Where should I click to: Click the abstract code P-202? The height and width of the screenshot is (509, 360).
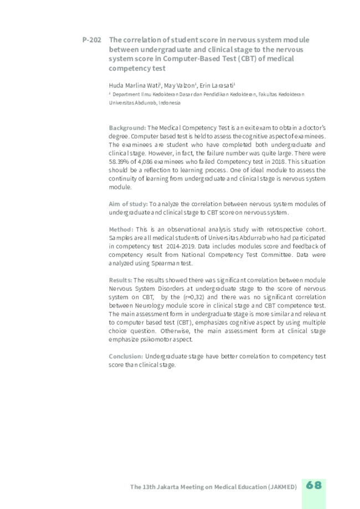click(x=91, y=40)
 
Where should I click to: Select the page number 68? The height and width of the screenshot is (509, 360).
click(x=313, y=485)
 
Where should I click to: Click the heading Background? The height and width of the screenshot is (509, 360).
click(x=127, y=127)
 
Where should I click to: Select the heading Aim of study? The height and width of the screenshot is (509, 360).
click(x=128, y=204)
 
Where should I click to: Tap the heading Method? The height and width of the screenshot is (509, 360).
click(x=121, y=229)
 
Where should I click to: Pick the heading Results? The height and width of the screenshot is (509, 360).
click(x=120, y=280)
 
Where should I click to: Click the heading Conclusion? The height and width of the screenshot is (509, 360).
click(x=126, y=356)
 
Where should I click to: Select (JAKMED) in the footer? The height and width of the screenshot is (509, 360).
click(x=283, y=487)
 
